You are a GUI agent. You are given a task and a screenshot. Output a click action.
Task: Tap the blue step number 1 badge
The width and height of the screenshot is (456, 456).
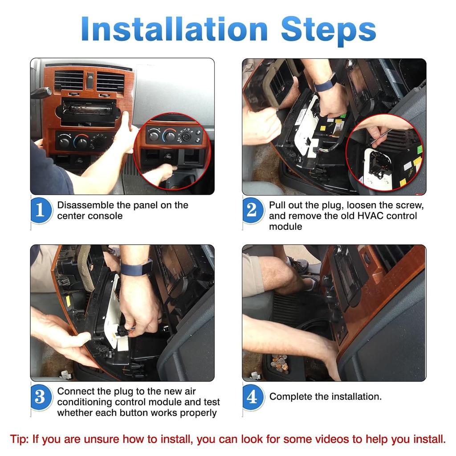pos(41,210)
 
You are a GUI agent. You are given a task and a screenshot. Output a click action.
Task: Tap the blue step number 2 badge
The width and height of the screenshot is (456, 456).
pos(252,210)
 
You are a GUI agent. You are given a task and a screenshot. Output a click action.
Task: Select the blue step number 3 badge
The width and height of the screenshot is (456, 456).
pos(41,397)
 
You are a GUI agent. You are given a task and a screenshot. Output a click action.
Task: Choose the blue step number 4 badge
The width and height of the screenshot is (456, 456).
pos(252,397)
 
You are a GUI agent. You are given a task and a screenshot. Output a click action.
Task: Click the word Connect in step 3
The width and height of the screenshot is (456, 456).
pos(75,391)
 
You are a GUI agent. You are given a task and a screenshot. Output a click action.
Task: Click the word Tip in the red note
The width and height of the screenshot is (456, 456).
pos(18,439)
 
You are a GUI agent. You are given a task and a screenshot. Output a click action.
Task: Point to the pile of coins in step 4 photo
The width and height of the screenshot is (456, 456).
pos(279,362)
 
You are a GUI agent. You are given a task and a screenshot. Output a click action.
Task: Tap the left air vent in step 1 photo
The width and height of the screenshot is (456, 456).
pos(69,80)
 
